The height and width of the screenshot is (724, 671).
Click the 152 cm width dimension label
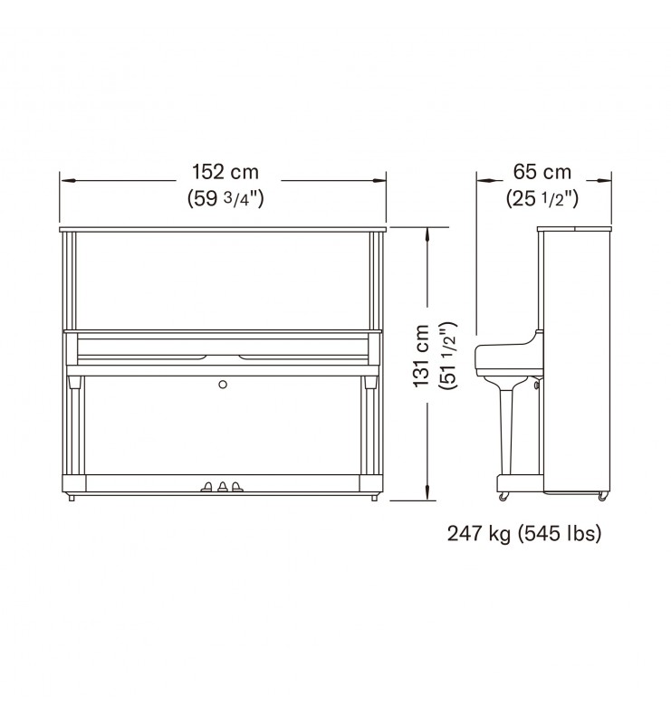coord(225,172)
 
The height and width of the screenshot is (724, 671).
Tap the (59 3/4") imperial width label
coord(225,198)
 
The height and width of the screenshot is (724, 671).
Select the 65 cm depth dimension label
coord(542,172)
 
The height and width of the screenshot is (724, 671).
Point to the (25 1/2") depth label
coord(542,198)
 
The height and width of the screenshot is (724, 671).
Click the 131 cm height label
coord(421,356)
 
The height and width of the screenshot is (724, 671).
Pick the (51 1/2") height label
coord(449,356)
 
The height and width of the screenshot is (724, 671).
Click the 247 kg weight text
coord(479,534)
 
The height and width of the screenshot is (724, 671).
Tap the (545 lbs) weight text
coord(560,534)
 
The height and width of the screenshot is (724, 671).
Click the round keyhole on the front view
coord(223,384)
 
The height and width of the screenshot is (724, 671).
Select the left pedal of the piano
coord(206,486)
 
